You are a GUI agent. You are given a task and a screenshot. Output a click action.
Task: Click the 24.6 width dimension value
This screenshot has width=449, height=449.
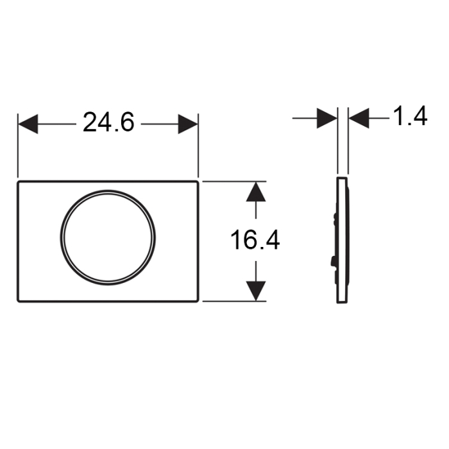pyautogui.click(x=108, y=122)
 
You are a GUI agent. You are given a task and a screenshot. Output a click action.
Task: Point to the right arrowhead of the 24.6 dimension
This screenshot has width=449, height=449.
pyautogui.click(x=188, y=123)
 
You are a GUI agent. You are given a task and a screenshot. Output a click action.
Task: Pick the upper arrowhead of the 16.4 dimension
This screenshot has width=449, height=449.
pyautogui.click(x=256, y=192)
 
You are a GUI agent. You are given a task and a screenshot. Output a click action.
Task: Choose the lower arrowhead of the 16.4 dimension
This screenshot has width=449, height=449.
pyautogui.click(x=256, y=291)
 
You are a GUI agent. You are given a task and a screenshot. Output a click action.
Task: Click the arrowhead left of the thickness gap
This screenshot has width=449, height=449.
pyautogui.click(x=327, y=118)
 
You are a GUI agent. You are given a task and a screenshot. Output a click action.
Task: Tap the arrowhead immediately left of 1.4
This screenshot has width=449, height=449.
pyautogui.click(x=359, y=118)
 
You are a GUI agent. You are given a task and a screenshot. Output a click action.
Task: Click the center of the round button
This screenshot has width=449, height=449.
pyautogui.click(x=108, y=237)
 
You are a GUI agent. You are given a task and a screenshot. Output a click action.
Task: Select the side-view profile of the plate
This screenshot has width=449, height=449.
pyautogui.click(x=343, y=241)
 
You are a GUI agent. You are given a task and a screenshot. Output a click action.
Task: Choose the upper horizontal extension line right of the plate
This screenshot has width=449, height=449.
pyautogui.click(x=231, y=182)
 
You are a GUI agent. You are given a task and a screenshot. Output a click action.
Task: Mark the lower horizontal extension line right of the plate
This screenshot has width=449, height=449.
pyautogui.click(x=231, y=301)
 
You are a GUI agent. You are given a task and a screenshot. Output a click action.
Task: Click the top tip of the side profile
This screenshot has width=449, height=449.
pyautogui.click(x=341, y=179)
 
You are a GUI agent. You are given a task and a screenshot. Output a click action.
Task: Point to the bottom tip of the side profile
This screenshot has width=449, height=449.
pyautogui.click(x=341, y=303)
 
